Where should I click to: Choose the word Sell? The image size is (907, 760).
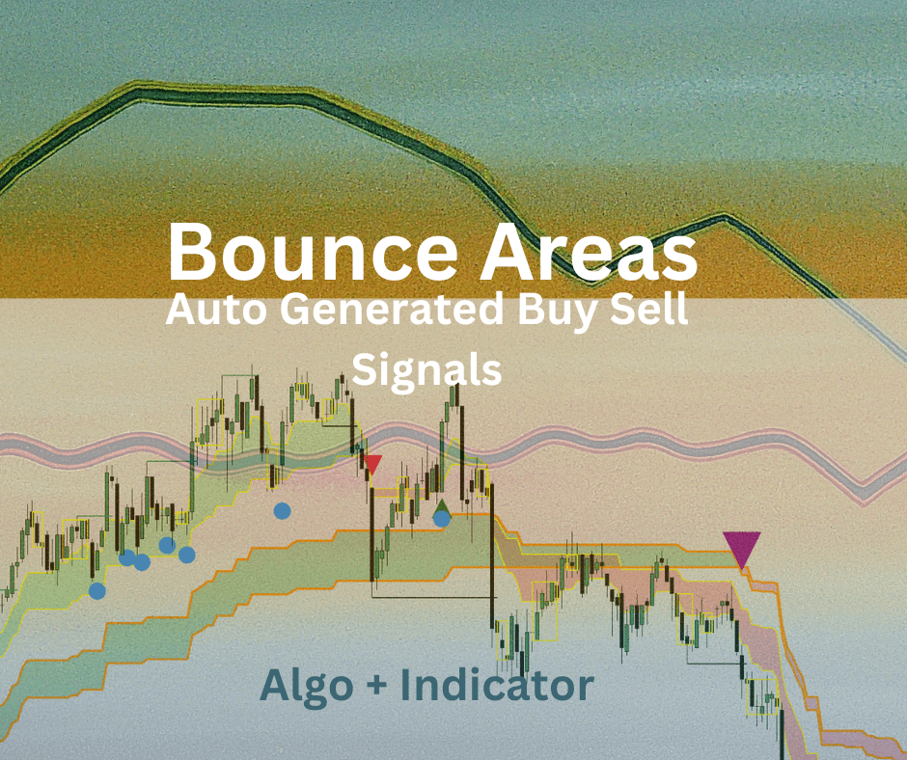[x=644, y=312]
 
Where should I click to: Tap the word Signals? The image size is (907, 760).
[x=427, y=370]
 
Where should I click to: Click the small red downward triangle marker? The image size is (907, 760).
[x=373, y=465]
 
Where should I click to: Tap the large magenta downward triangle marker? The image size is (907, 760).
[x=742, y=549]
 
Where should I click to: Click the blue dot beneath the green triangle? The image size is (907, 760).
[x=442, y=519]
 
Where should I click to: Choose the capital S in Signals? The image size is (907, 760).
[x=363, y=369]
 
